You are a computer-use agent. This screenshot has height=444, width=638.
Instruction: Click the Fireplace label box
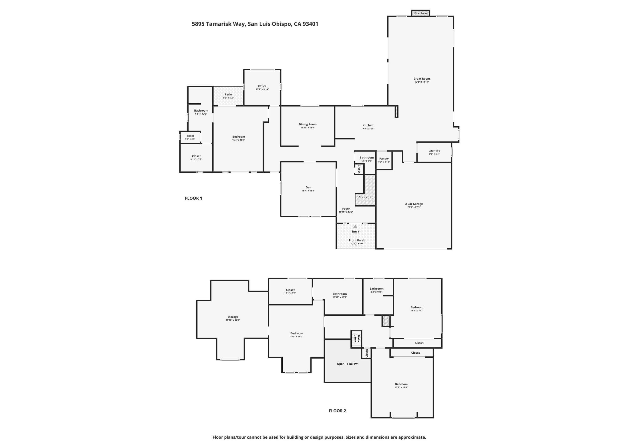420,13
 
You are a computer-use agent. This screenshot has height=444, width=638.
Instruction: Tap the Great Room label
421,78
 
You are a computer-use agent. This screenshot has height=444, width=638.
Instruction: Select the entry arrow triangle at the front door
355,226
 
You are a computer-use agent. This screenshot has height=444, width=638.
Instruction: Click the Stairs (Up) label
366,197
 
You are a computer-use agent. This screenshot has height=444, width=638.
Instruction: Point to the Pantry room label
384,158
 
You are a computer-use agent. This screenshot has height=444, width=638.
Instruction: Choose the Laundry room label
434,150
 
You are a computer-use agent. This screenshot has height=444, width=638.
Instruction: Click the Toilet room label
190,136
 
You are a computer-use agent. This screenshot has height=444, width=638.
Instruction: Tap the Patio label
228,95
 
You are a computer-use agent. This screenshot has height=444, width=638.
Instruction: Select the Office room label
262,86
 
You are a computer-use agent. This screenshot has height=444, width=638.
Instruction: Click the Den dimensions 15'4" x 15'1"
308,191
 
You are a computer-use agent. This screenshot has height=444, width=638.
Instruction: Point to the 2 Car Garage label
414,204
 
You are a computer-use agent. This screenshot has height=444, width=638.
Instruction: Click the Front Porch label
357,240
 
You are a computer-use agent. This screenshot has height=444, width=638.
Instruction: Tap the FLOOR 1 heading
193,198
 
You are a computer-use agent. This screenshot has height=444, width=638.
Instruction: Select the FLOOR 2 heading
337,411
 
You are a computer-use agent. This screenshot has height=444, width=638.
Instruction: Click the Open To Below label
347,364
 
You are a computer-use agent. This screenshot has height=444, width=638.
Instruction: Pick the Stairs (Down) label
356,339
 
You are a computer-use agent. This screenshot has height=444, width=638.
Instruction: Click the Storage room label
233,316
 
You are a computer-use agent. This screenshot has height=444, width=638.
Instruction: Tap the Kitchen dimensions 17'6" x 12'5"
368,129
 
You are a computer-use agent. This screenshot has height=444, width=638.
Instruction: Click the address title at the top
255,24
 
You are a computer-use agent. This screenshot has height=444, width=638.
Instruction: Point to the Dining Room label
308,124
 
